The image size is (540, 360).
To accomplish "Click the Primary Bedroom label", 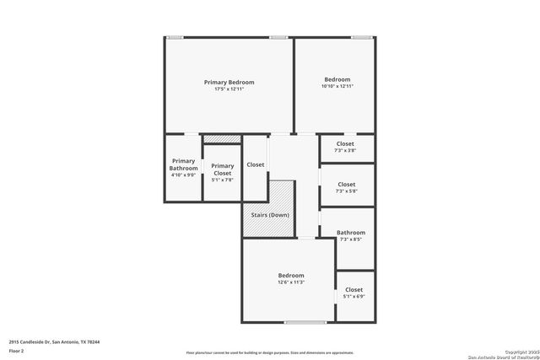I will (x=229, y=82).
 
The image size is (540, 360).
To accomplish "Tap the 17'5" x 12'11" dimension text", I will (x=229, y=89).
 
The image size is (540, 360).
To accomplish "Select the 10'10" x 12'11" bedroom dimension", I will (x=337, y=86).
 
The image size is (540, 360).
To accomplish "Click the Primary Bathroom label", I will (x=183, y=164).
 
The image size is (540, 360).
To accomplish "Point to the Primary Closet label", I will (x=222, y=169).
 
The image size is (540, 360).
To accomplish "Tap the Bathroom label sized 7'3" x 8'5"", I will (x=351, y=233).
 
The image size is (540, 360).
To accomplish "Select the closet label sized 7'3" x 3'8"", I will (x=345, y=143).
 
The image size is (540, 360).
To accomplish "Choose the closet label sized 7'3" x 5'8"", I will (x=346, y=185).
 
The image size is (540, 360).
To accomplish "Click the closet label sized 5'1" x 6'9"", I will (x=354, y=290).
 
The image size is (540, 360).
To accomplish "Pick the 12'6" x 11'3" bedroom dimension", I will (x=291, y=282).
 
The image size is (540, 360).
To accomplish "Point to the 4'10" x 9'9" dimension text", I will (x=183, y=175).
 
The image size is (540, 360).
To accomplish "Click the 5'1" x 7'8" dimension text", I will (x=222, y=179).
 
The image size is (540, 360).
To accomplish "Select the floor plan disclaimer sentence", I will (x=271, y=352).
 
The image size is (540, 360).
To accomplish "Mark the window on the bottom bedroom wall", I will (x=305, y=322).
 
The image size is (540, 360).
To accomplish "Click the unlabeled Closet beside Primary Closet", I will (x=255, y=164).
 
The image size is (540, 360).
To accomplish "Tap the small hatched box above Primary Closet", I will (x=222, y=139).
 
